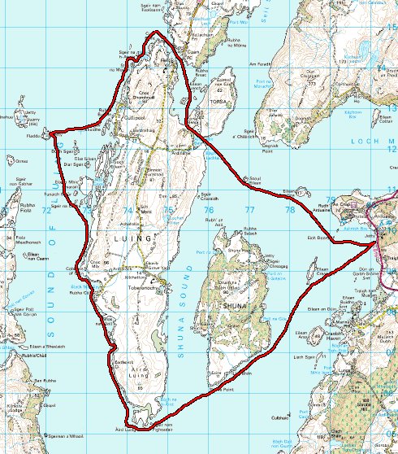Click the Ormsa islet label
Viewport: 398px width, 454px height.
click(22, 160)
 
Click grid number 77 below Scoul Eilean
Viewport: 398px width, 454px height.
click(249, 209)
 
